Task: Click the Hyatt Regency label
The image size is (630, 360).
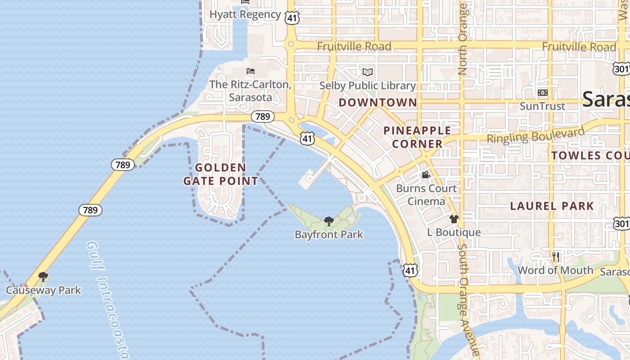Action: click(245, 14)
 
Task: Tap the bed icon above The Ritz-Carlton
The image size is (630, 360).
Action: click(251, 71)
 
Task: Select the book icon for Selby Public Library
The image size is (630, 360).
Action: click(368, 72)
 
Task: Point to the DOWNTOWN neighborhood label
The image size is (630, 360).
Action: click(378, 103)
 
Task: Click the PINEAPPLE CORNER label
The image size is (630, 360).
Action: click(417, 137)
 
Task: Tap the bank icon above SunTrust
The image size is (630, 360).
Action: click(542, 93)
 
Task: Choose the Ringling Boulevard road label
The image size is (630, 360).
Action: click(535, 135)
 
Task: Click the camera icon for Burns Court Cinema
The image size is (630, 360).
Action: click(426, 175)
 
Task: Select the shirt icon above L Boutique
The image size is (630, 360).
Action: click(454, 219)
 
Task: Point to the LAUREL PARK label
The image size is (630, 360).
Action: click(552, 206)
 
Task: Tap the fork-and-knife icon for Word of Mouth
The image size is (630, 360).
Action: click(556, 257)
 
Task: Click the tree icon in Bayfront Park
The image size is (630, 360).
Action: click(329, 221)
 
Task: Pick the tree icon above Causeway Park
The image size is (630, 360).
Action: click(43, 276)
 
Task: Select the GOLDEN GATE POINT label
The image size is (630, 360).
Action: click(220, 174)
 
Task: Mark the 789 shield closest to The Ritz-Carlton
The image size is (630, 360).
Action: click(262, 117)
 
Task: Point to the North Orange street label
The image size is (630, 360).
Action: click(462, 40)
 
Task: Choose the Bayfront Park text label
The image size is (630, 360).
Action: click(329, 234)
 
